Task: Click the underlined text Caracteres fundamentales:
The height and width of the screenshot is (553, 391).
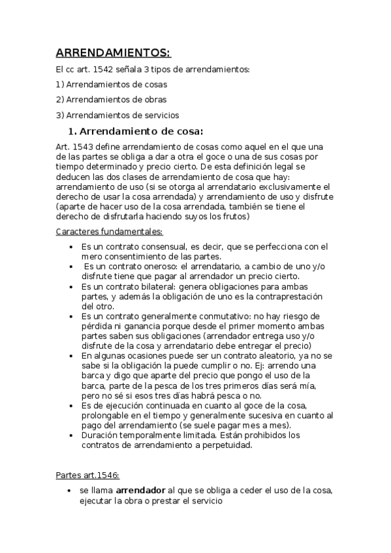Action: pos(110,232)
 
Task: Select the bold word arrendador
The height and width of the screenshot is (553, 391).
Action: pos(140,490)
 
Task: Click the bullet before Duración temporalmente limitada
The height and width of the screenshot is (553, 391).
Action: pos(70,435)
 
